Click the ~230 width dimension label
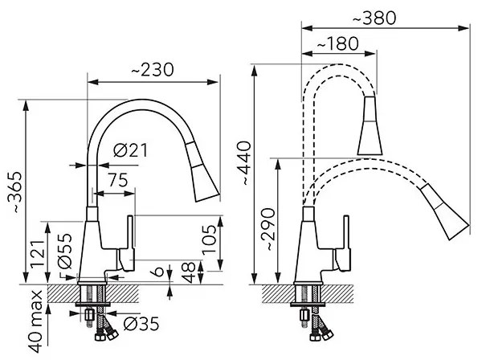153,70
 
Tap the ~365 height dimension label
14,193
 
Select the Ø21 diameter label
130,150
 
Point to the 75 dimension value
117,180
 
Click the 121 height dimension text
38,254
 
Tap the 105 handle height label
210,239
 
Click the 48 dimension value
188,272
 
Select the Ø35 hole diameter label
141,324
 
